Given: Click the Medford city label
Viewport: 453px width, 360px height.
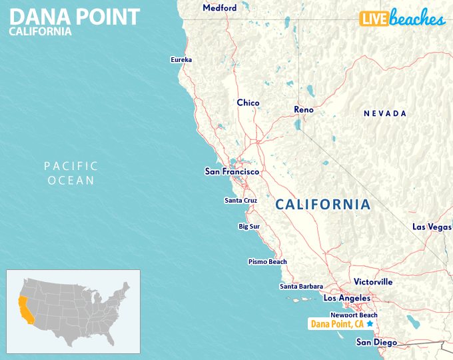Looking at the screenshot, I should point(219,8).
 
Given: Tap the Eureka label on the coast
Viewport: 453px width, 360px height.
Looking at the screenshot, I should point(181,60).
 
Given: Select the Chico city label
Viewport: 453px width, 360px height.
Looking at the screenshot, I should point(248,103).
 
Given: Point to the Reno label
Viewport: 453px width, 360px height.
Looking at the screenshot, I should point(304,109).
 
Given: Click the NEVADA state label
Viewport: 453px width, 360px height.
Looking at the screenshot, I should point(384,114).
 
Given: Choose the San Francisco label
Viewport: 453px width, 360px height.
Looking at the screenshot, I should point(231,172).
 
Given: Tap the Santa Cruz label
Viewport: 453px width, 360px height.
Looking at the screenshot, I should point(240,200).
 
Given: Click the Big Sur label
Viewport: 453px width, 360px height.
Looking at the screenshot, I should point(250,227).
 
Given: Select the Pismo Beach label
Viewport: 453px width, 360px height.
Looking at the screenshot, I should point(267,262).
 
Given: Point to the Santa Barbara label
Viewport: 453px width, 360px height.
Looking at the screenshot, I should point(301,287).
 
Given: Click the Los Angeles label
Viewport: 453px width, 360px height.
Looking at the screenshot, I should point(346,298).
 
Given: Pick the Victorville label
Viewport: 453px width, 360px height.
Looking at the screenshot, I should point(373,282).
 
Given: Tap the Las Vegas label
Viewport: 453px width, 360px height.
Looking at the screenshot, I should point(432,227).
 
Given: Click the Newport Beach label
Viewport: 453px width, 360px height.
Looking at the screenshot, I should point(354,315).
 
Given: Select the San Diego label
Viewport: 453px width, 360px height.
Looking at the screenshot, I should point(376,343).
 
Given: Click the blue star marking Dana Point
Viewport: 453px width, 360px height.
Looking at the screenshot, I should point(370,323).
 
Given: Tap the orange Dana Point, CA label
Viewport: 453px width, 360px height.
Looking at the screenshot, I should point(336,325).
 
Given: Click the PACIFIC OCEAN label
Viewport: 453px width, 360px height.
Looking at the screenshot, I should point(71,173).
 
